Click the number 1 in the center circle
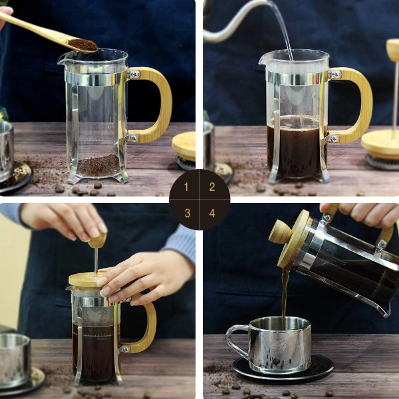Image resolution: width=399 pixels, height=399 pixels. coord(187,187)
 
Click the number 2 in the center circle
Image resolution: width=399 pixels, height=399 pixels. coord(212,187)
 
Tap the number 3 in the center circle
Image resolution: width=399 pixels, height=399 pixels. coord(187,213)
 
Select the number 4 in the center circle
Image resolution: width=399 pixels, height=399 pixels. coord(212,213)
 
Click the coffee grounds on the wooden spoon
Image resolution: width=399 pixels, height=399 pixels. coord(82,45)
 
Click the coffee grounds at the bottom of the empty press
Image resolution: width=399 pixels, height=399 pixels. coord(98,165)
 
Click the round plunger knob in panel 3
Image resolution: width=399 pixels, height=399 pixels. coord(98,240)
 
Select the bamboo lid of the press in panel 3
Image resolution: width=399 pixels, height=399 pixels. coord(86,279)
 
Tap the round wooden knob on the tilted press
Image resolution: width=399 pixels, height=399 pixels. coord(279,232)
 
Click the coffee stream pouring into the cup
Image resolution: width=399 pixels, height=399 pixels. coord(285,296)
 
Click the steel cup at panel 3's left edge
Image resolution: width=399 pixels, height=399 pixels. coord(14,359)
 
